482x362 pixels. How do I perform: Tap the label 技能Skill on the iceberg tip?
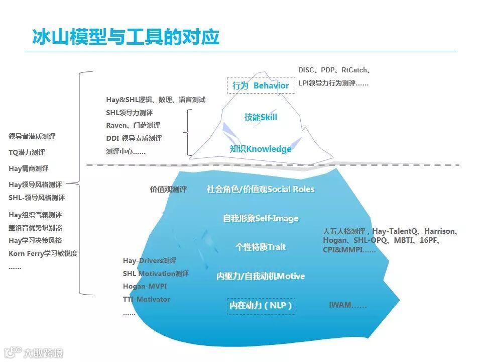coord(261,117)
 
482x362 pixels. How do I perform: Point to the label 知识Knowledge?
coord(261,149)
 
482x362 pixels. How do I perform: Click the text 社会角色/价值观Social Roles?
coord(261,190)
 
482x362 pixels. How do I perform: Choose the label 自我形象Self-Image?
coord(261,219)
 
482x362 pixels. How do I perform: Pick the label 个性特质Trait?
coord(261,247)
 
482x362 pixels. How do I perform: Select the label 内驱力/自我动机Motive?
coord(261,277)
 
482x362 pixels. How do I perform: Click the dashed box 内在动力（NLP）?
coord(261,306)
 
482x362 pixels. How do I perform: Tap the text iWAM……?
coord(347,305)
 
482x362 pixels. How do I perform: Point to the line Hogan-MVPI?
coord(145,287)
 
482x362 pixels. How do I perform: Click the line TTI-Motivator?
coord(147,300)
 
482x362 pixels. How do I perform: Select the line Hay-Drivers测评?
coord(150,261)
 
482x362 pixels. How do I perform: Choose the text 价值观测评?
coord(168,190)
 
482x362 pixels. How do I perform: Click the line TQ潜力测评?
coord(27,152)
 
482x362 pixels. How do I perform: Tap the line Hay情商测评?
coord(29,168)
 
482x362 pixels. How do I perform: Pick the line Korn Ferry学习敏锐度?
coord(43,254)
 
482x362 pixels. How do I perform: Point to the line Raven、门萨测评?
coord(133,126)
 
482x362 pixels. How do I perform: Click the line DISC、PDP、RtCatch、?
coord(334,70)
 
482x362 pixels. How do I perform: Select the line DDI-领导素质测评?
coord(134,139)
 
